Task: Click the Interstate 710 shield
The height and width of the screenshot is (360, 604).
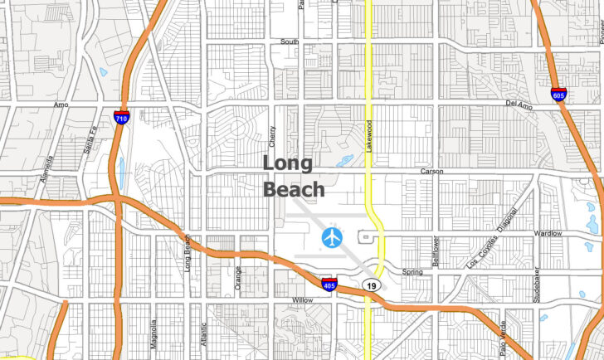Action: coord(121,118)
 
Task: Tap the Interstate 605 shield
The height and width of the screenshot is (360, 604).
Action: coord(559,95)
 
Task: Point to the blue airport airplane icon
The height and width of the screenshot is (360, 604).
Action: coord(332,238)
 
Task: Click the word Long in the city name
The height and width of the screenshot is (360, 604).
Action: coord(288,163)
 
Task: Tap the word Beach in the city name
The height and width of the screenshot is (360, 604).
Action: coord(294,189)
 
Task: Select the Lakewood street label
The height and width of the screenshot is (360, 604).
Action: coord(370,134)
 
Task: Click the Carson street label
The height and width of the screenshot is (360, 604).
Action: coord(431,171)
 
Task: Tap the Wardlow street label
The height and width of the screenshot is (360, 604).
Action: coord(548,233)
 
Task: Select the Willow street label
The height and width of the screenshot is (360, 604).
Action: coord(302,300)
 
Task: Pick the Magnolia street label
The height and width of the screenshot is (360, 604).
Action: coord(154,333)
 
